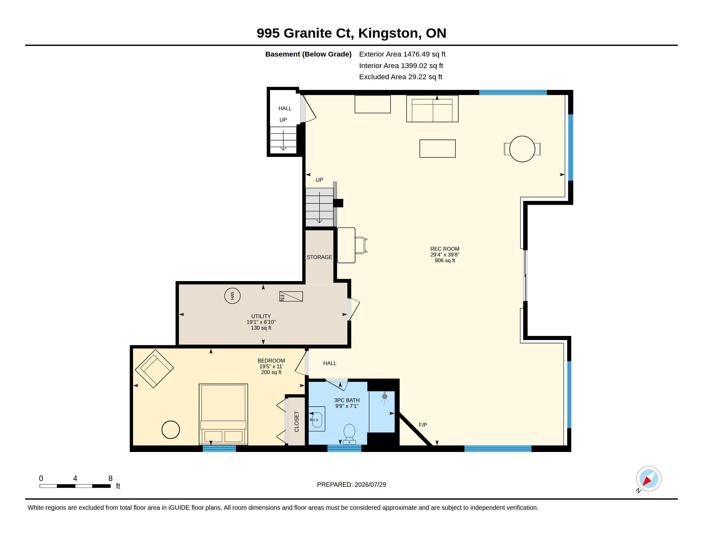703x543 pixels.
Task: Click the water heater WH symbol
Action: coord(232,296)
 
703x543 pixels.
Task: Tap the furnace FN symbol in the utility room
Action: coord(291,296)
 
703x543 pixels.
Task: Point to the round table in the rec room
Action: coord(522,149)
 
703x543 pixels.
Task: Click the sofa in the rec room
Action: coord(432,108)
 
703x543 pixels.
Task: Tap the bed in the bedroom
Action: coord(223,414)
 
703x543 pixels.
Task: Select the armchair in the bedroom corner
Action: coord(154,369)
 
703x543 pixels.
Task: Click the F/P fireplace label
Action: coord(423,425)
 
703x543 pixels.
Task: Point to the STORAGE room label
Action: coord(319,257)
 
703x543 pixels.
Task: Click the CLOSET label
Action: coord(297,421)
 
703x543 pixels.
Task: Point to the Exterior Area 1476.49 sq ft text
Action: coord(402,54)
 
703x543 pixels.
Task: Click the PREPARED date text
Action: coord(351,485)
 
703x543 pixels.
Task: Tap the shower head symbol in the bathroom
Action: coord(384,397)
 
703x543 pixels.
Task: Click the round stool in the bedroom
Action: coord(171,429)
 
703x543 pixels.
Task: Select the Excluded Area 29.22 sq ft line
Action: coord(401,77)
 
